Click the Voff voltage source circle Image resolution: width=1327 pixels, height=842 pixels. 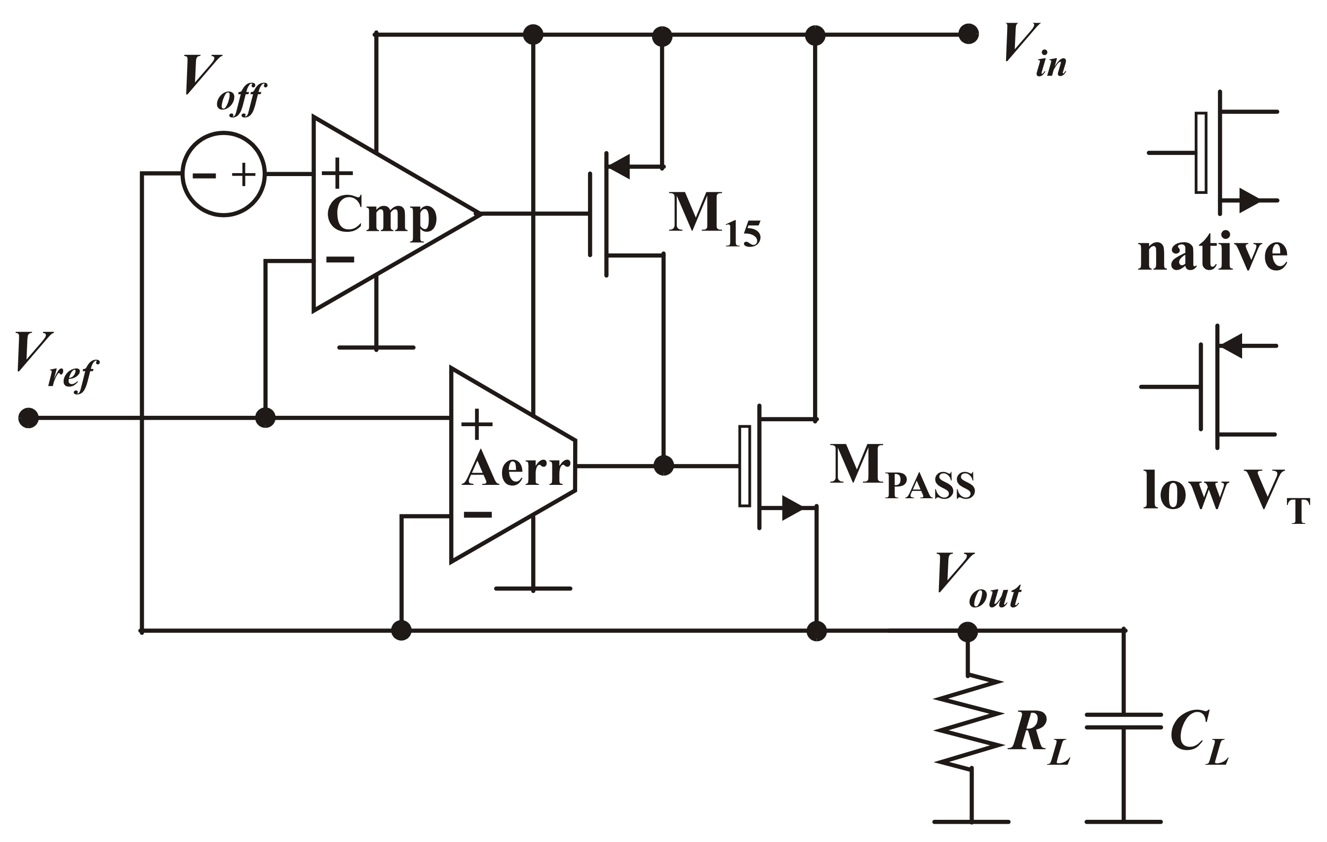(223, 174)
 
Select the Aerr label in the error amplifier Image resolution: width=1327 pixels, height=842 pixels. (516, 469)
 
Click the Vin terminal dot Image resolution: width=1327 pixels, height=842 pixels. (968, 34)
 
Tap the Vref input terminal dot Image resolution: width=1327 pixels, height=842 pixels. (29, 418)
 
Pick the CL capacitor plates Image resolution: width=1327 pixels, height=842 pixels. (1124, 722)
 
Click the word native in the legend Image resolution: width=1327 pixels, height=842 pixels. (1212, 254)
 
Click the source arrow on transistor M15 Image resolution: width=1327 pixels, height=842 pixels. (619, 166)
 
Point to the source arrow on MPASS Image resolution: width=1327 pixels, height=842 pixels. (792, 508)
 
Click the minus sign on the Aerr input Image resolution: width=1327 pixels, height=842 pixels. (477, 515)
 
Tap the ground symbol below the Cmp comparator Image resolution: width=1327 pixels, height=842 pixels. (376, 347)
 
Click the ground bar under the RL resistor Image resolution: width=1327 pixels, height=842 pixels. (971, 822)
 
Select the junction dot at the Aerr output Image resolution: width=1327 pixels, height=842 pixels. (663, 466)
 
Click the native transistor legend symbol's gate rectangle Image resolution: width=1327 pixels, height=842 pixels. (1201, 152)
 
